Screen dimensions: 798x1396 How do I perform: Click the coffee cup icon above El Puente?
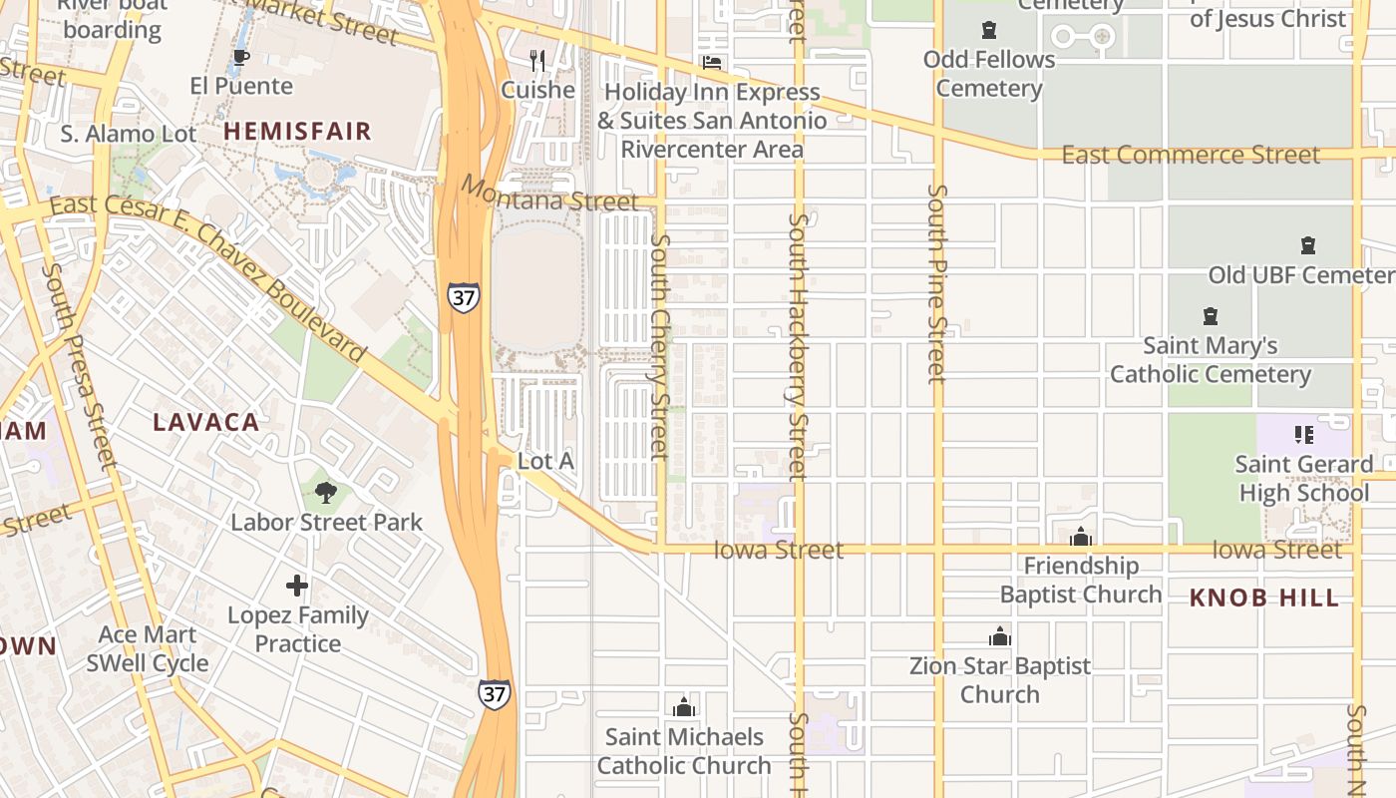240,57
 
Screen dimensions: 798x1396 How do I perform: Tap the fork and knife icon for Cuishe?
537,60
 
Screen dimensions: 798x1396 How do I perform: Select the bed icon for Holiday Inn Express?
712,62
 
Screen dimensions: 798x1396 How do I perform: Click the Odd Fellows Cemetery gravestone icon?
988,30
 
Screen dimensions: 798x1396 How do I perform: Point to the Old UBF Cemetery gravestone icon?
1307,245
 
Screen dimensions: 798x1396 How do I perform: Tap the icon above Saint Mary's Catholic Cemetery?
1210,316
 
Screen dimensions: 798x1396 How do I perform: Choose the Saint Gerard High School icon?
1303,435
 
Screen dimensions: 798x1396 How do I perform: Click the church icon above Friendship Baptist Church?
1081,538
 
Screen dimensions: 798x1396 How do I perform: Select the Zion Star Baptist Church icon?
999,636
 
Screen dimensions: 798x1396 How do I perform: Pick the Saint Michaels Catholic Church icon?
683,708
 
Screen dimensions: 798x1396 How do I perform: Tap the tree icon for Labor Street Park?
325,492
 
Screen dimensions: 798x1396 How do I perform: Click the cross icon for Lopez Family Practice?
297,586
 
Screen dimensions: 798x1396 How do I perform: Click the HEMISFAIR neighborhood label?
297,131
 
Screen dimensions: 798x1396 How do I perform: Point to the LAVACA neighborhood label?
206,422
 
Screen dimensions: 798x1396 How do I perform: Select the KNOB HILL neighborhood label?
1264,598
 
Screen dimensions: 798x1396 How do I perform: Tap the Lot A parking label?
545,461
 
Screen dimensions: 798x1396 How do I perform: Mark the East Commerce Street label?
1191,155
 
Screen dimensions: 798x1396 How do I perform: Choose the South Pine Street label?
935,284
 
